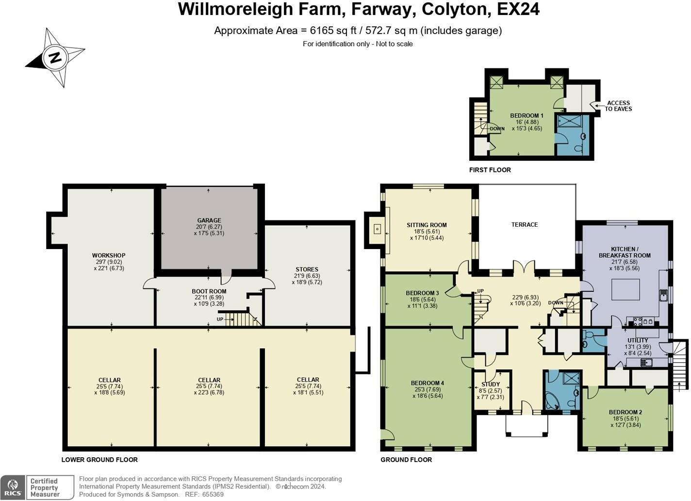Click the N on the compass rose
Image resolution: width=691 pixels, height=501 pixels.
click(x=55, y=58)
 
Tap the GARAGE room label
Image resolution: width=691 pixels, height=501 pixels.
click(x=209, y=220)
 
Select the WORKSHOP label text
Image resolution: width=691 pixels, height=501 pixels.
click(x=109, y=255)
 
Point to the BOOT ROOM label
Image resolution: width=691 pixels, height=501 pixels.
click(x=209, y=291)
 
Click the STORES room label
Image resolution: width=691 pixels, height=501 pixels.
click(x=307, y=269)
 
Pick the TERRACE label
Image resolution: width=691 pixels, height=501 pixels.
click(x=525, y=225)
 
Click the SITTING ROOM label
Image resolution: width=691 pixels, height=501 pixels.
click(x=427, y=225)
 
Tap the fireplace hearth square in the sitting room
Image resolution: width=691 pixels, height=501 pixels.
click(x=377, y=229)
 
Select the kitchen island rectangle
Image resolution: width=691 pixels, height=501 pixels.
click(x=626, y=289)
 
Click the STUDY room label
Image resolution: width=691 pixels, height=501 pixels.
click(x=491, y=384)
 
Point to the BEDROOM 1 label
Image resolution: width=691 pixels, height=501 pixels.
click(x=526, y=116)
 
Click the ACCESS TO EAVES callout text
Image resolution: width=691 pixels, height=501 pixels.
click(x=618, y=106)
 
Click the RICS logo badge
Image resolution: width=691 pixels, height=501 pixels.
click(x=13, y=487)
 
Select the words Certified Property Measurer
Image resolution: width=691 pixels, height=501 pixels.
click(x=44, y=488)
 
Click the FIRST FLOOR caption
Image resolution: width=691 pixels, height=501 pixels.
click(x=490, y=170)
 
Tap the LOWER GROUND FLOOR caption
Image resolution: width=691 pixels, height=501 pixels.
click(x=99, y=460)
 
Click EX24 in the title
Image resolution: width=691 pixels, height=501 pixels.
click(x=518, y=9)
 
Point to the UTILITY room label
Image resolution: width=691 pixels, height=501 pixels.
click(x=638, y=340)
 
